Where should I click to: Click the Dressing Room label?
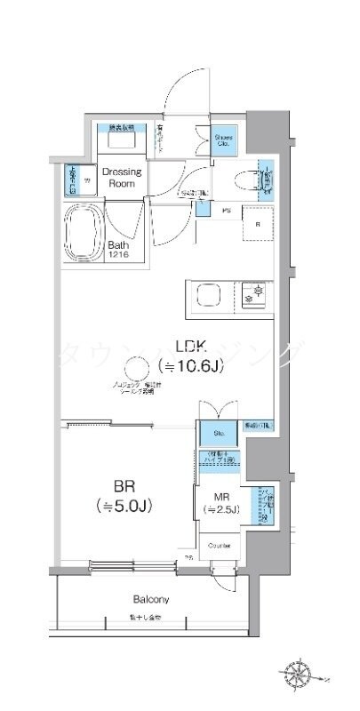point(122,176)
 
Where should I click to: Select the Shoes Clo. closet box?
point(223,140)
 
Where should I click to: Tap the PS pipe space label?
point(225,212)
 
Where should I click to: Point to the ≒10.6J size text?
point(190,366)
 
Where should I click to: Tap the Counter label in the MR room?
point(219,544)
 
